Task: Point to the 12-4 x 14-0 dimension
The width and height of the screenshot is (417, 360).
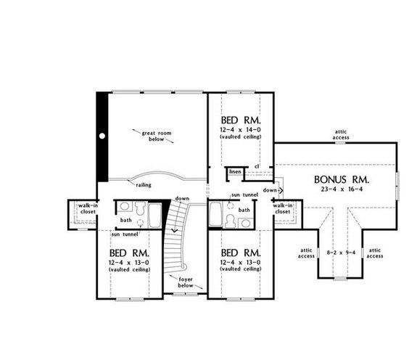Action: coord(239,129)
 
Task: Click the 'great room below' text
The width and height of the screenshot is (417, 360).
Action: coord(152,134)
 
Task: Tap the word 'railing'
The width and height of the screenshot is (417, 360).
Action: coord(142,185)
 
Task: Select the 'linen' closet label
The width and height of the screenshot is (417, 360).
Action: coord(235,173)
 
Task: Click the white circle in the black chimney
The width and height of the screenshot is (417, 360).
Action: coord(103,136)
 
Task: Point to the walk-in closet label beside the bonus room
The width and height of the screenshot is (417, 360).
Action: coord(283,210)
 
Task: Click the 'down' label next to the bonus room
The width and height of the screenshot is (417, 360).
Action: coord(269,190)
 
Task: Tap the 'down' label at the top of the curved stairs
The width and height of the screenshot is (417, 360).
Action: coord(182,198)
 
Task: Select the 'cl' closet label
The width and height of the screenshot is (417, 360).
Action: coord(257,166)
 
